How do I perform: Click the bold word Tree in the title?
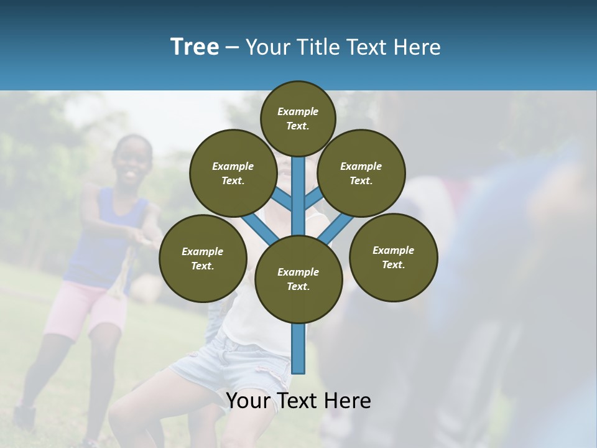pyautogui.click(x=195, y=47)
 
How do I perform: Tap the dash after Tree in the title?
pyautogui.click(x=233, y=48)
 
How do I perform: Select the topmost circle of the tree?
pyautogui.click(x=298, y=118)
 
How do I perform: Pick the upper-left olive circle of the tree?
pyautogui.click(x=233, y=173)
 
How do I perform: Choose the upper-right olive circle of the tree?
pyautogui.click(x=361, y=173)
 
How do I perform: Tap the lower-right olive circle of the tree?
pyautogui.click(x=393, y=257)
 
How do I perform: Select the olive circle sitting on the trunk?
pyautogui.click(x=298, y=279)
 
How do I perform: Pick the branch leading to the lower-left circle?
pyautogui.click(x=260, y=227)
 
